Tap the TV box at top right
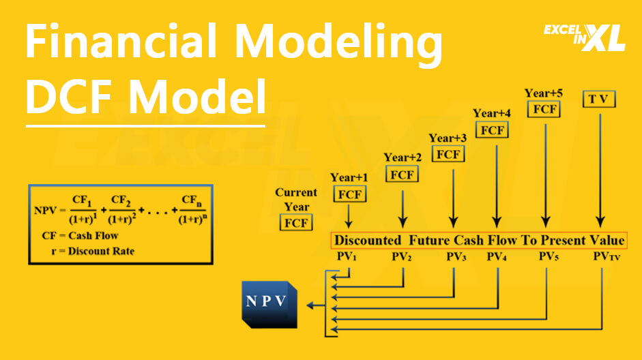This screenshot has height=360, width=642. pos(600,99)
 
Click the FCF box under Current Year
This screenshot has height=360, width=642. pos(295,223)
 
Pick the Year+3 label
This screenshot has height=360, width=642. pos(448,138)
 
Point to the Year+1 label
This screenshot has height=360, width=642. pos(349,178)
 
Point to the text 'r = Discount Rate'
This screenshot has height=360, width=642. pos(93,251)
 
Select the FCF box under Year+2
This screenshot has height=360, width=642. pos(403,175)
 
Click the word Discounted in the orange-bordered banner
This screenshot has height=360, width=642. pos(368,241)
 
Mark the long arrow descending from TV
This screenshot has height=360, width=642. pos(600,170)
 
